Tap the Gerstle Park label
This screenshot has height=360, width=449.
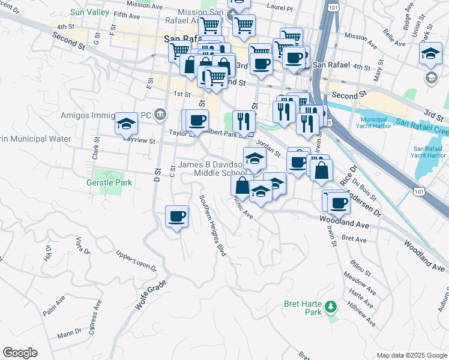point(112,181)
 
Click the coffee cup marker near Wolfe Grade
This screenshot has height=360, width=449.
point(176,216)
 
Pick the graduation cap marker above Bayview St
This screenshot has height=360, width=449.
point(126,124)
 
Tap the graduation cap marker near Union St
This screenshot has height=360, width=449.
point(430,53)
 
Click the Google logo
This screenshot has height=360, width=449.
point(20,353)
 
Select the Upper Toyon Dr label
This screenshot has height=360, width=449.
point(136,261)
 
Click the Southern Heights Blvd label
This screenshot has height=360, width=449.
point(212,226)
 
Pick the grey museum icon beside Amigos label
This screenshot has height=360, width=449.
point(160,114)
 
